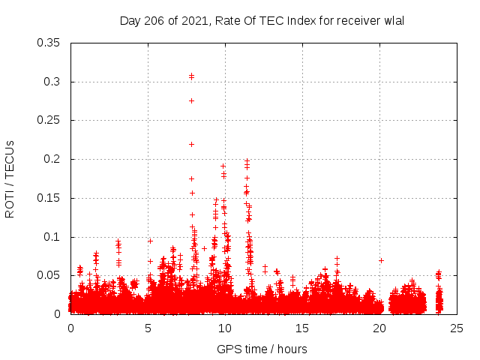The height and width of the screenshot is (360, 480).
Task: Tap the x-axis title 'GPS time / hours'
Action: coord(262,349)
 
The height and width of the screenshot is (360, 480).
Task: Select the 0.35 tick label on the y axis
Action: coord(49,43)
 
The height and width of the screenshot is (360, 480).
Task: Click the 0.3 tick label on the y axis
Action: coord(52,82)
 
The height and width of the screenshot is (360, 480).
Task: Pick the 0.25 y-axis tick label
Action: coord(49,120)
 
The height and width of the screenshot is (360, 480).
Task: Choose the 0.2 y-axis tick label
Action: coord(52,159)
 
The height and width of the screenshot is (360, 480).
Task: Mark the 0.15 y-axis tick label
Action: coord(49,198)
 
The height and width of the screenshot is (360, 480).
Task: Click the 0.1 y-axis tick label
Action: coord(52,237)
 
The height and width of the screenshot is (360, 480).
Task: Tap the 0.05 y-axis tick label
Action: coord(49,275)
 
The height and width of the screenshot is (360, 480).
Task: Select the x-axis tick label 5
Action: coord(148,328)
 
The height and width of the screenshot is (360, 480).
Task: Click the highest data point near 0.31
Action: coord(191,76)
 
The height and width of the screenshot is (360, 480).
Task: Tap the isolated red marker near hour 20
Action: coord(381,260)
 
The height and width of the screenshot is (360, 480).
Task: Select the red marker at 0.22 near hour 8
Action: coord(191,144)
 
